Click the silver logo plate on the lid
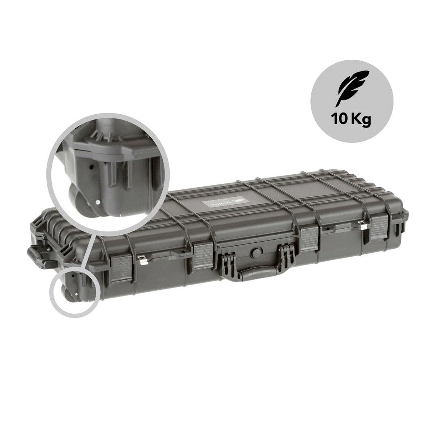[222, 204]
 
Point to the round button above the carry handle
[256, 252]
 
